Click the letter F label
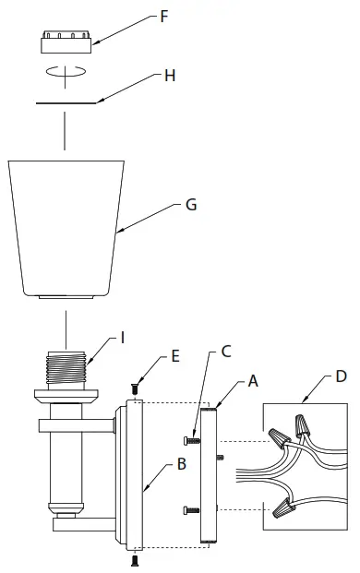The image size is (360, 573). click(x=164, y=17)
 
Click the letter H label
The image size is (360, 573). click(x=170, y=76)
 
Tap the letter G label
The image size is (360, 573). click(x=191, y=205)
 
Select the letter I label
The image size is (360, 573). click(x=123, y=338)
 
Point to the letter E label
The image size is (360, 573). click(x=175, y=356)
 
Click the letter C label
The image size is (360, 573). click(x=226, y=352)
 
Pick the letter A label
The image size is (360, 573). click(x=253, y=381)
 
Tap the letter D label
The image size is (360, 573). click(x=341, y=376)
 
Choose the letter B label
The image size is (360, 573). click(x=182, y=464)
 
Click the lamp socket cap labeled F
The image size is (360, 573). click(x=66, y=42)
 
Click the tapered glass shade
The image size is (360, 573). click(x=66, y=229)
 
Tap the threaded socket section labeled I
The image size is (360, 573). click(x=66, y=367)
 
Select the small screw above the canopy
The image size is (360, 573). click(x=134, y=388)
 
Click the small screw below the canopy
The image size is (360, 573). click(x=134, y=560)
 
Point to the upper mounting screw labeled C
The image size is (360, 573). click(x=191, y=441)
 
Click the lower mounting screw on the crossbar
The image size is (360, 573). click(x=191, y=509)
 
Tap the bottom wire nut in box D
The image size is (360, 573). click(x=283, y=509)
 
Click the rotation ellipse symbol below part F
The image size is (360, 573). click(x=66, y=71)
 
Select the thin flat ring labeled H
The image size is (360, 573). click(x=66, y=103)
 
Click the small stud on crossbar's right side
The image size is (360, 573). click(x=220, y=457)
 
